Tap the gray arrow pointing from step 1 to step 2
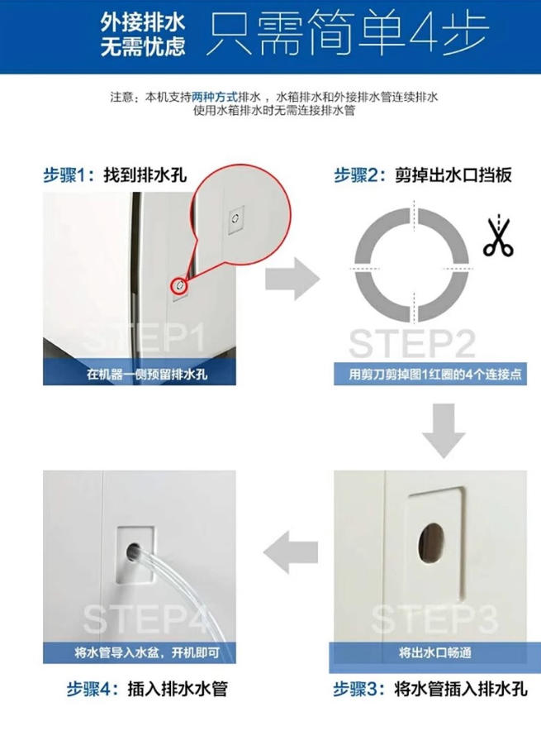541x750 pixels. point(292,279)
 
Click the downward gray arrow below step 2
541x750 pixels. point(443,430)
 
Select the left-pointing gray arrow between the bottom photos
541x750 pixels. point(290,551)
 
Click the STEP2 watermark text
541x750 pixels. point(412,343)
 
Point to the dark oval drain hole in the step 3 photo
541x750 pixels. point(431,542)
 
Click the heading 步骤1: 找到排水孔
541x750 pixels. point(115,175)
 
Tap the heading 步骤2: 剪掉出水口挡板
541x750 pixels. point(423,175)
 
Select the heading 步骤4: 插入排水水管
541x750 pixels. point(147,689)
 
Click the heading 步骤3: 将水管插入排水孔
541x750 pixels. point(430,689)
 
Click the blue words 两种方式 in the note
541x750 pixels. point(215,98)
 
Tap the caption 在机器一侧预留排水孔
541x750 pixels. point(147,374)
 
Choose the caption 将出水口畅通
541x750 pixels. point(435,652)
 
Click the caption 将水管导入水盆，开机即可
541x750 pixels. point(147,652)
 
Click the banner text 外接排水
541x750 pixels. point(142,22)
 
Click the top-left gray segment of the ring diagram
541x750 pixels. point(382,236)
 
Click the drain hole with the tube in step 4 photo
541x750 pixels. point(134,552)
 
